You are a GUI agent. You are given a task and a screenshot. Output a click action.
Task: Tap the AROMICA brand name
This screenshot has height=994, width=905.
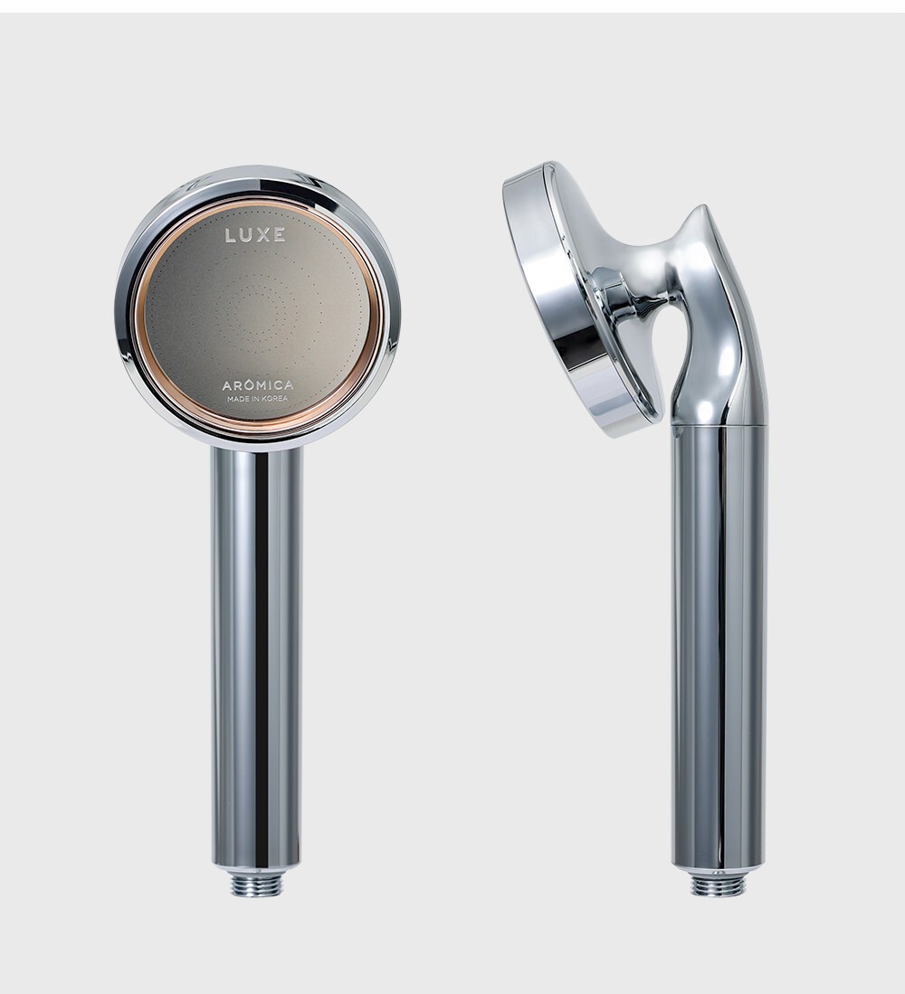point(258,384)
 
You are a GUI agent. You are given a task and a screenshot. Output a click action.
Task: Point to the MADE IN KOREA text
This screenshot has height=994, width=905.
point(258,399)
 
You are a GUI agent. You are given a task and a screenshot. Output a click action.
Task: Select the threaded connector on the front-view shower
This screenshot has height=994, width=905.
point(257,885)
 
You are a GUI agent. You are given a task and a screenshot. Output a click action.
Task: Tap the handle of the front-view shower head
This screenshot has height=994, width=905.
point(257,656)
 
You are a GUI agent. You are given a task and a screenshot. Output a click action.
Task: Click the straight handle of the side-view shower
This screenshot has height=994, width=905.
point(719,647)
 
